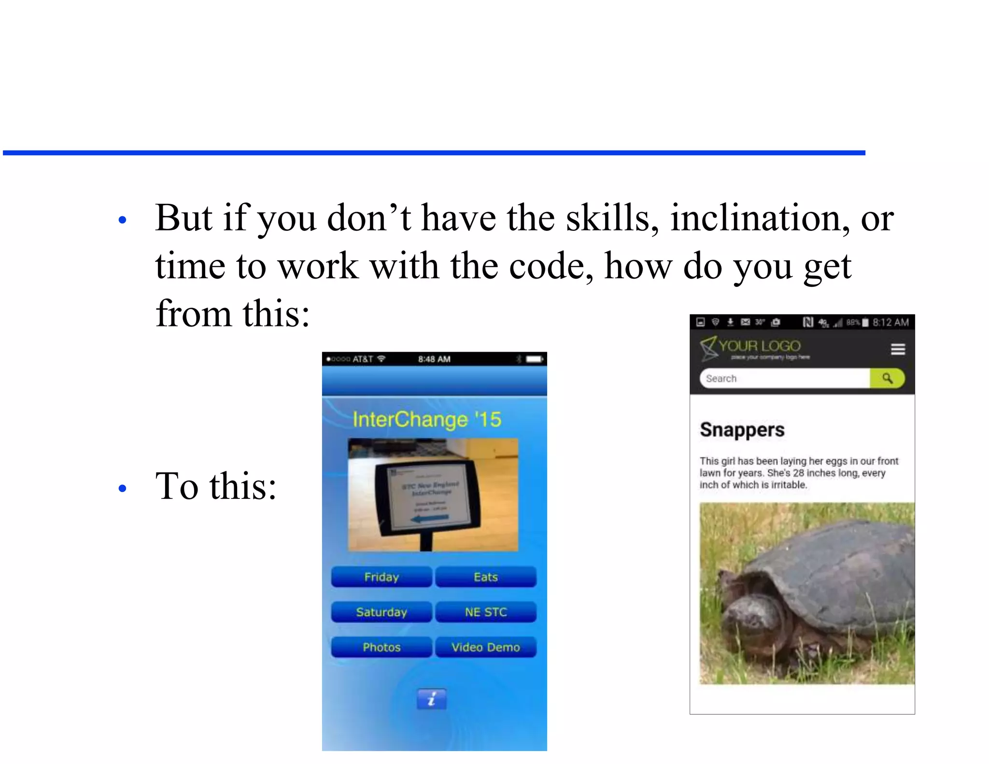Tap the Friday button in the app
point(381,577)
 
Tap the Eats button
point(486,577)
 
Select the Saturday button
point(381,612)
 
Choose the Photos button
point(381,648)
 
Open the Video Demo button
point(486,648)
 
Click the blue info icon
point(432,699)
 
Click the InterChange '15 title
point(427,419)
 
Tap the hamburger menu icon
point(898,349)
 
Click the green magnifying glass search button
point(887,378)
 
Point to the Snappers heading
point(742,430)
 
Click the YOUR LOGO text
point(759,346)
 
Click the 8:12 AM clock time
point(890,322)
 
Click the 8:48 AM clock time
point(434,359)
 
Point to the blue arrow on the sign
point(429,518)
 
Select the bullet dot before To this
point(123,488)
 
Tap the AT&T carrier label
point(363,359)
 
